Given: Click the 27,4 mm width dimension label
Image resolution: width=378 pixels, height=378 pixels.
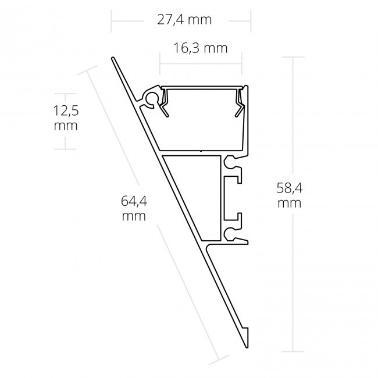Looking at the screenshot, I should pos(184,20).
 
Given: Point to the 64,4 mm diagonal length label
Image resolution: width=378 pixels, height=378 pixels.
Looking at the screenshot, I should pos(133,209).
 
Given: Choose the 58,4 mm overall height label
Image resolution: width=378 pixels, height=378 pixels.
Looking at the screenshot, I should pos(289,195).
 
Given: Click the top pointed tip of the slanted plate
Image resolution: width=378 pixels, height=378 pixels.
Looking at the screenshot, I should pos(113,59).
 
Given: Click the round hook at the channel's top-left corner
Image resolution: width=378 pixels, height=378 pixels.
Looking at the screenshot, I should pos(152,98).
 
